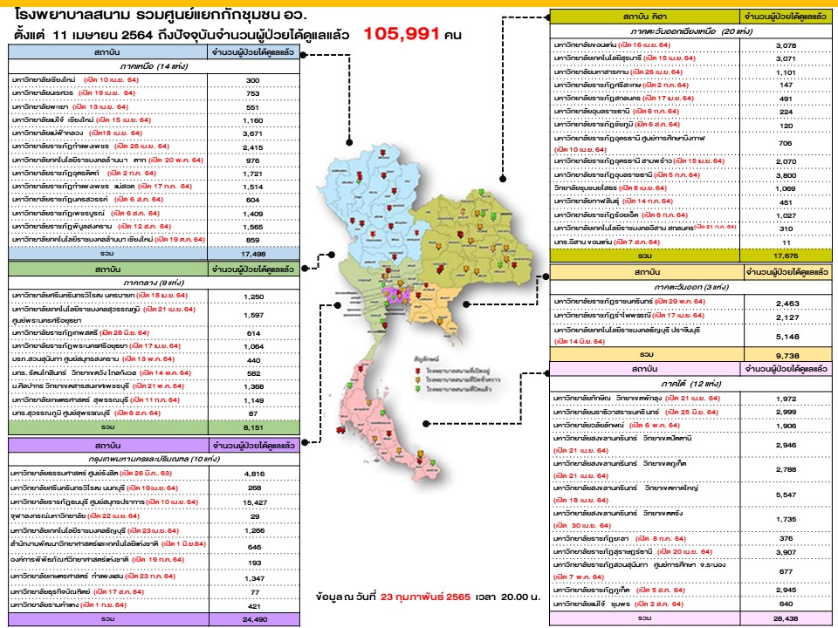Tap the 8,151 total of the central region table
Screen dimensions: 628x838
click(x=253, y=427)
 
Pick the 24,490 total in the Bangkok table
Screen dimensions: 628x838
click(x=253, y=618)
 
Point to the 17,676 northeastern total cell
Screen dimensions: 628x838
click(x=784, y=256)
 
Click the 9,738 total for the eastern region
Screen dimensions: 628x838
click(x=784, y=356)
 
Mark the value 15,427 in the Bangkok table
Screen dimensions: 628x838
click(x=253, y=502)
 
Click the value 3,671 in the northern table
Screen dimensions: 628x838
click(x=253, y=133)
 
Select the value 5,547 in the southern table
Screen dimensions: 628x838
click(x=784, y=495)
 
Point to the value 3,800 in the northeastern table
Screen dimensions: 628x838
click(x=784, y=175)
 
